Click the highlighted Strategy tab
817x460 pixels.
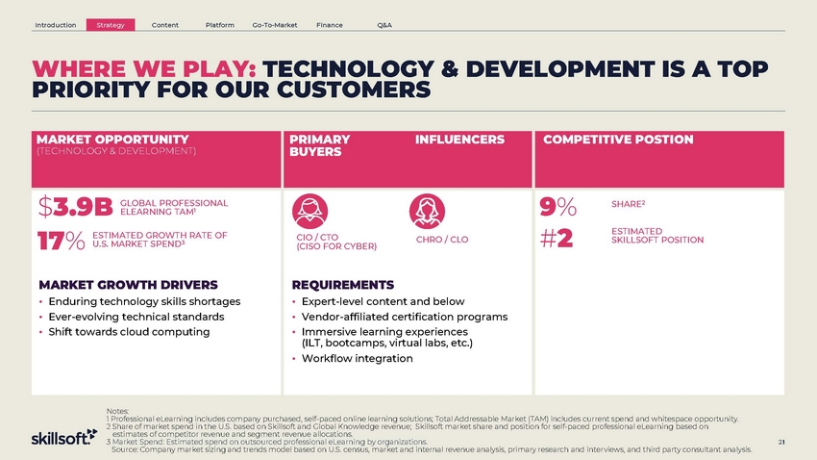(x=111, y=24)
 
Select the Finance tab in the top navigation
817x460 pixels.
(x=330, y=25)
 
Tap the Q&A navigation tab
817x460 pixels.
(x=384, y=25)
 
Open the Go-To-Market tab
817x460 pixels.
(x=275, y=25)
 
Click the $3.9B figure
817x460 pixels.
(x=76, y=207)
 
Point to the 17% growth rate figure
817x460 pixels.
(x=61, y=241)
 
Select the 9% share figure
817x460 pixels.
(x=558, y=207)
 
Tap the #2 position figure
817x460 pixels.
(x=557, y=239)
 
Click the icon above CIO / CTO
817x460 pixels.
(x=310, y=211)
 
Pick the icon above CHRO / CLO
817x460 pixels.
(x=428, y=211)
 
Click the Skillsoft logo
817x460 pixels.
(x=64, y=437)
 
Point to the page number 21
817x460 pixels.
(x=781, y=442)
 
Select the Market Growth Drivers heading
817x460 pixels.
(x=128, y=285)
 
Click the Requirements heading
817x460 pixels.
(x=343, y=285)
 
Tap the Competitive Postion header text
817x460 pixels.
(x=618, y=140)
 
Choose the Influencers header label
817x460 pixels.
(x=459, y=140)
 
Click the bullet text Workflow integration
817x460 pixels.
(x=357, y=358)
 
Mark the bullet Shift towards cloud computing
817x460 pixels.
(x=129, y=332)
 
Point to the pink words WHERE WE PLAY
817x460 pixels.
(x=144, y=69)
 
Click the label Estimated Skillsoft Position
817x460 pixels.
(x=657, y=235)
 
